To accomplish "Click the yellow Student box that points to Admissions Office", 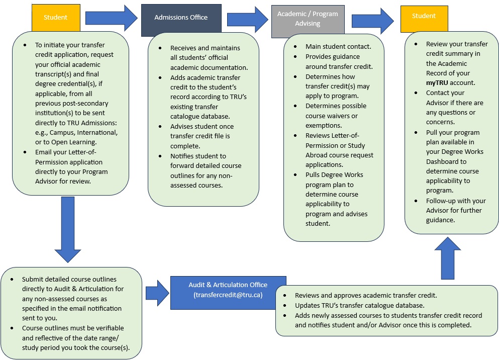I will coord(55,18).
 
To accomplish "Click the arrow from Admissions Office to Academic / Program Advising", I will coord(248,20).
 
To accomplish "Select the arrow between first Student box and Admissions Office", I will coord(111,18).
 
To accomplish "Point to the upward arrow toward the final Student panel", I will coord(444,257).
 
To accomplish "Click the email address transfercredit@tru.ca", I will coord(228,295).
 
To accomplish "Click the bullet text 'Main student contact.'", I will coord(338,47).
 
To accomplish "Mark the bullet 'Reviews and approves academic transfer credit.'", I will coord(366,295).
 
